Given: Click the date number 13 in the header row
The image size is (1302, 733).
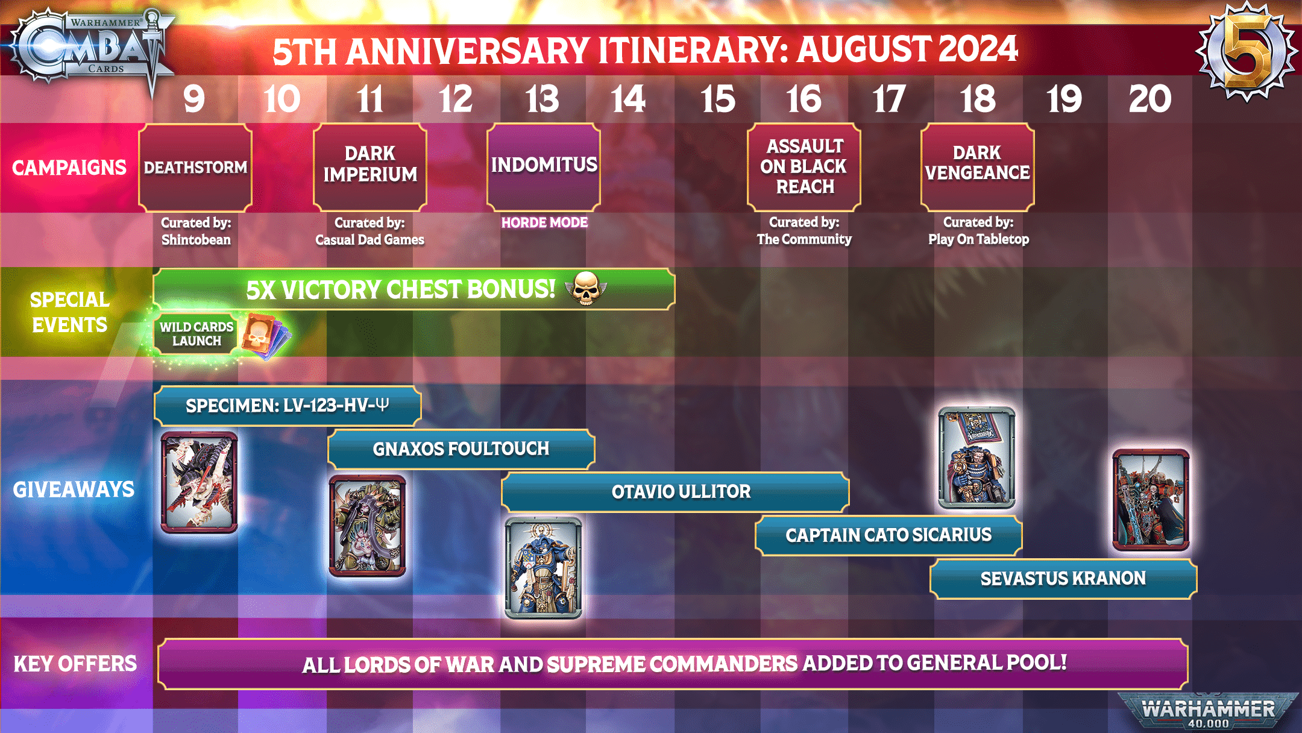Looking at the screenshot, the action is pyautogui.click(x=542, y=99).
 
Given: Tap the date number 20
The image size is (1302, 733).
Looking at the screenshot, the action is pyautogui.click(x=1150, y=99).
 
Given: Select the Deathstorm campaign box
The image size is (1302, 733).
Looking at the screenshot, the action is pyautogui.click(x=195, y=168).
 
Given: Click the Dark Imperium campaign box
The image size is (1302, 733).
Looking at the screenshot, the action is pyautogui.click(x=370, y=166).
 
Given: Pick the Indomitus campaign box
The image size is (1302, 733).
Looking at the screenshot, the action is pyautogui.click(x=544, y=166).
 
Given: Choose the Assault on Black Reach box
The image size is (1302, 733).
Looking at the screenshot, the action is pyautogui.click(x=804, y=166).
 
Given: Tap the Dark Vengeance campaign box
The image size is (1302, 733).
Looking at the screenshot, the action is pyautogui.click(x=978, y=166).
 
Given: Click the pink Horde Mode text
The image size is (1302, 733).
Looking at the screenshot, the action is pyautogui.click(x=544, y=222).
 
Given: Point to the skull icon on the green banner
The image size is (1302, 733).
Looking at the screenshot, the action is pyautogui.click(x=585, y=288).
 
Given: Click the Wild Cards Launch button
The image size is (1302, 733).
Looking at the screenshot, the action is pyautogui.click(x=196, y=333).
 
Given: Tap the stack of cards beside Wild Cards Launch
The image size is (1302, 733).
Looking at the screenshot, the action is pyautogui.click(x=265, y=335).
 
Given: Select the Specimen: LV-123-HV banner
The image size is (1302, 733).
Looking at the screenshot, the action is pyautogui.click(x=288, y=406).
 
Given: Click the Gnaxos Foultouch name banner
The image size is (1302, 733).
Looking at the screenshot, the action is pyautogui.click(x=461, y=449).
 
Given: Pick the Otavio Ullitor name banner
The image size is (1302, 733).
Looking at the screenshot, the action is pyautogui.click(x=675, y=492).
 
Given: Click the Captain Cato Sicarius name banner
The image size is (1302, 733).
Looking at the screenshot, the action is pyautogui.click(x=888, y=535).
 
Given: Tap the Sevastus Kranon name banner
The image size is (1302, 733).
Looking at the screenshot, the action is pyautogui.click(x=1063, y=579).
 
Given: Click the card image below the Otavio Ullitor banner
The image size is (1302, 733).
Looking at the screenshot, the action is pyautogui.click(x=543, y=568).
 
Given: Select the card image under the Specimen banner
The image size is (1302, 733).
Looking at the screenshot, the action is pyautogui.click(x=199, y=482).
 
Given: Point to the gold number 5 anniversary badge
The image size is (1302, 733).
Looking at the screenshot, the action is pyautogui.click(x=1247, y=52).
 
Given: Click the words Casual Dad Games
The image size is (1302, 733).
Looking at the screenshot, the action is pyautogui.click(x=370, y=240).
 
